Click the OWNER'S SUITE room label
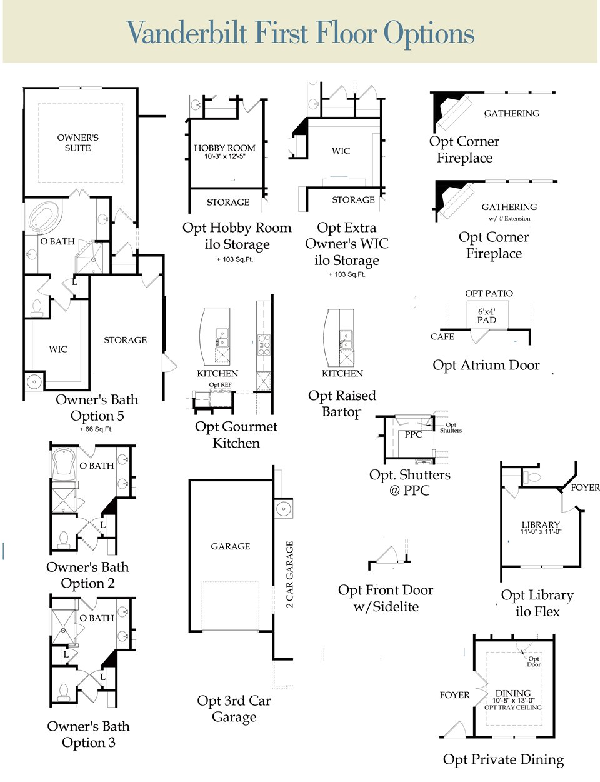[78, 143]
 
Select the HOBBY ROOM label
[224, 148]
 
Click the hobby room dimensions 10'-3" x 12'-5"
[224, 156]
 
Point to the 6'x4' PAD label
[487, 316]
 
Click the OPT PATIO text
[489, 293]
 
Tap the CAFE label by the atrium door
[442, 336]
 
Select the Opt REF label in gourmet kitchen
[220, 384]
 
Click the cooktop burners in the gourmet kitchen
[264, 345]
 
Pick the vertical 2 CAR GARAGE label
[289, 574]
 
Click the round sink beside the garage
[283, 508]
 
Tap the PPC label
[413, 434]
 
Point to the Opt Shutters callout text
[451, 428]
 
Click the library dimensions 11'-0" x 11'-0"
[541, 531]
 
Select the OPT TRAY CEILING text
[513, 708]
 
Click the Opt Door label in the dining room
[533, 661]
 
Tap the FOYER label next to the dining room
[454, 694]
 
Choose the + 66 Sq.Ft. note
[96, 429]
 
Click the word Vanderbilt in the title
[187, 33]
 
